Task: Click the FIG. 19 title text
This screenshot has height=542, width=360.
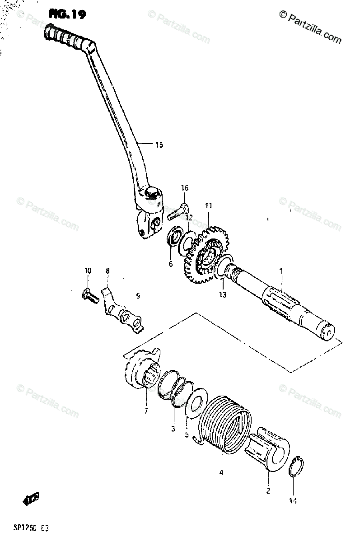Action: pyautogui.click(x=67, y=15)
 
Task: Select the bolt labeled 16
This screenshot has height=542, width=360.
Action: pyautogui.click(x=178, y=212)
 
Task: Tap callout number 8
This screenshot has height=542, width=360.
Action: pyautogui.click(x=107, y=271)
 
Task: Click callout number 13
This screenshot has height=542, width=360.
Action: pyautogui.click(x=223, y=295)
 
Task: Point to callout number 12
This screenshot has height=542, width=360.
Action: pyautogui.click(x=188, y=218)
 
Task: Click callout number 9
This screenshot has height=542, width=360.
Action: pyautogui.click(x=138, y=296)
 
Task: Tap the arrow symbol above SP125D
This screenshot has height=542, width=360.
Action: pyautogui.click(x=30, y=499)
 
